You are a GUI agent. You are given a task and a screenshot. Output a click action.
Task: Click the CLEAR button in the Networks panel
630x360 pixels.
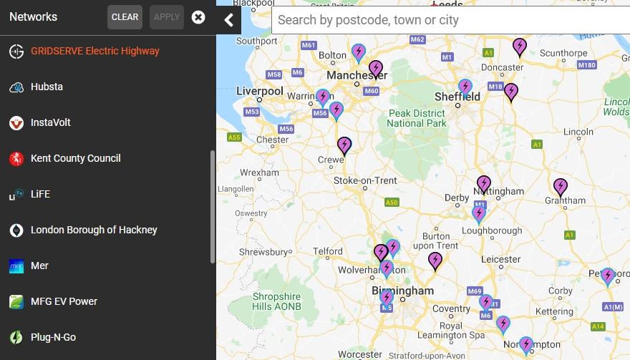click(125, 17)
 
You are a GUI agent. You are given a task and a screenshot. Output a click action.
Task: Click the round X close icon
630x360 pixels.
click(198, 17)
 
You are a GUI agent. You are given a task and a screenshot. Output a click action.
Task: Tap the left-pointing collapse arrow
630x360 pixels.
click(228, 19)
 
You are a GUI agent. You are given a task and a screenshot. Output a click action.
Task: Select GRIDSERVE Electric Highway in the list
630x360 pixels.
click(94, 51)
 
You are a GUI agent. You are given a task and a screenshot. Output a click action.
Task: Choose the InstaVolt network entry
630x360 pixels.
click(51, 122)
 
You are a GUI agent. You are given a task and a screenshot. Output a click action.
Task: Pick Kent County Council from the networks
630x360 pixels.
click(75, 158)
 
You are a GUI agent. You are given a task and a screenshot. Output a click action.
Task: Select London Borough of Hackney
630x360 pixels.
click(94, 230)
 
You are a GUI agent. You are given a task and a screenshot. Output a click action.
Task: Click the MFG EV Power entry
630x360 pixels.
click(64, 301)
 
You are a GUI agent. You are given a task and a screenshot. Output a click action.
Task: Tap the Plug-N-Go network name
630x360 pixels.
click(53, 337)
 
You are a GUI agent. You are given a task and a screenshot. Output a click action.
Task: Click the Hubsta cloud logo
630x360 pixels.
click(16, 87)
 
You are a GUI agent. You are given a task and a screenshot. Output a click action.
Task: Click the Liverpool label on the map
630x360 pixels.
click(260, 91)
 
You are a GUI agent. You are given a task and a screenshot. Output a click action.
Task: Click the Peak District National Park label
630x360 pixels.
click(416, 118)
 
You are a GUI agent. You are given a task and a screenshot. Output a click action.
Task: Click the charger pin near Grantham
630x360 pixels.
click(561, 187)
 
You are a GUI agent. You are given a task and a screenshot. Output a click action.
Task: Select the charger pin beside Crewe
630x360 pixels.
click(344, 145)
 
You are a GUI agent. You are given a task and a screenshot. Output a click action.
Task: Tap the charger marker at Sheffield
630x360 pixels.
click(465, 87)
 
